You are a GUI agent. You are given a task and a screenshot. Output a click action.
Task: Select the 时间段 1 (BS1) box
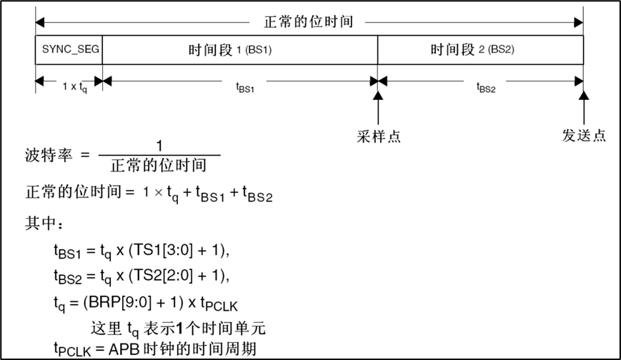coord(240,50)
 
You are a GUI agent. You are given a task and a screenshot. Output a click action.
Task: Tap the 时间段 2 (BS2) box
coord(481,50)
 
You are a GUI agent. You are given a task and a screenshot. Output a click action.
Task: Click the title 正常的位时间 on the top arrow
coord(309,22)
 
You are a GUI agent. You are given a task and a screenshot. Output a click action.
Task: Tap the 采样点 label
coord(378,136)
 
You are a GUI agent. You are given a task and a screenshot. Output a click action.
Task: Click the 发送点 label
coord(584,136)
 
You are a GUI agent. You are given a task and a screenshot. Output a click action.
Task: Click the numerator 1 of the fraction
coord(159,146)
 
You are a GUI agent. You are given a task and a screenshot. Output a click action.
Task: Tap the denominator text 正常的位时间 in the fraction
coord(159,166)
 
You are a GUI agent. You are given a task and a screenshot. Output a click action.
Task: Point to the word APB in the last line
coord(131,349)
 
